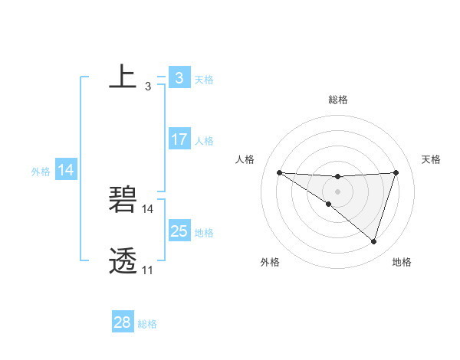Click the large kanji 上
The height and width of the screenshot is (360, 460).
tap(123, 77)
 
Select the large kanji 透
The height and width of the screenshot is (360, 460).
tap(123, 260)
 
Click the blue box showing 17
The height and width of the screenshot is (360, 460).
tap(179, 139)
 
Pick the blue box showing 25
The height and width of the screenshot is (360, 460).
tap(179, 231)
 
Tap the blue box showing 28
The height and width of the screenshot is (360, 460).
tap(123, 322)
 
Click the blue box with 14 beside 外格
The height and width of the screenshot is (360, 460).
tap(66, 170)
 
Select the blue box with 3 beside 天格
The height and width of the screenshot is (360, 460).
tap(179, 78)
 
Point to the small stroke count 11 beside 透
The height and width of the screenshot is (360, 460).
tap(147, 270)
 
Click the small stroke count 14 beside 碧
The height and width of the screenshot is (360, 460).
tap(148, 209)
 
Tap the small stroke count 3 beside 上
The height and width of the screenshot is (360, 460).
tap(147, 87)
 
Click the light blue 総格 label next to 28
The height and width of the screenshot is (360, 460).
tap(147, 324)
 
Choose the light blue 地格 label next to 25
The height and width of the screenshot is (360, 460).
tap(204, 233)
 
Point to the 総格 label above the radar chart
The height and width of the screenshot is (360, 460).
tap(337, 100)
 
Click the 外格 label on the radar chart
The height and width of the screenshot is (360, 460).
tap(270, 263)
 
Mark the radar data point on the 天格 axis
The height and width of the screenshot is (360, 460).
tap(396, 172)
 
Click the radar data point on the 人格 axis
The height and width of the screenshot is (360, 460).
tap(279, 172)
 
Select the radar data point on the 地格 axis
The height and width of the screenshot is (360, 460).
tap(373, 241)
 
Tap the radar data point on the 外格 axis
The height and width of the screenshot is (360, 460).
tap(329, 204)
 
